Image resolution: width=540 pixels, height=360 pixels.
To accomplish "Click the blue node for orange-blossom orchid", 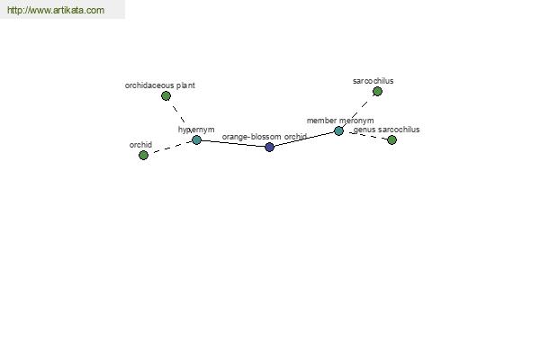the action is pyautogui.click(x=270, y=147).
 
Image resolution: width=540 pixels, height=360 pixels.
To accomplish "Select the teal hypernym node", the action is pyautogui.click(x=196, y=139).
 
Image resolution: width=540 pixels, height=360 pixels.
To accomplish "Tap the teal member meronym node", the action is pyautogui.click(x=339, y=130).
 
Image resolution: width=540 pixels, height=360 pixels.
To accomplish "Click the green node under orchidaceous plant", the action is pyautogui.click(x=166, y=95).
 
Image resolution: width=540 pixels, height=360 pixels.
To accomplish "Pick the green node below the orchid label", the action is pyautogui.click(x=144, y=156).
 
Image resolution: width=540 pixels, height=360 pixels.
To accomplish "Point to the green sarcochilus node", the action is pyautogui.click(x=377, y=91).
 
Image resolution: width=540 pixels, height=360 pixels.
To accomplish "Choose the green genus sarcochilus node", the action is pyautogui.click(x=391, y=139).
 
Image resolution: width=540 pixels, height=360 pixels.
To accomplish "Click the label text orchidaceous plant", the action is pyautogui.click(x=160, y=85).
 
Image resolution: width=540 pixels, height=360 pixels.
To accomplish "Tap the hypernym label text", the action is pyautogui.click(x=196, y=130).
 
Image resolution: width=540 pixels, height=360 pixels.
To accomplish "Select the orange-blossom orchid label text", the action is pyautogui.click(x=265, y=137).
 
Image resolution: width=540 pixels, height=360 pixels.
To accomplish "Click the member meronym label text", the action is pyautogui.click(x=340, y=121).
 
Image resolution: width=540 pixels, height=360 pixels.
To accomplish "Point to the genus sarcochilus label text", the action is pyautogui.click(x=387, y=130).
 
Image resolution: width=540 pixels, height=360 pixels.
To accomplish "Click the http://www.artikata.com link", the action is pyautogui.click(x=56, y=10).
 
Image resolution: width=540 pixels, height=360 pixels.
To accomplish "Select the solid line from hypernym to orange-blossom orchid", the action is pyautogui.click(x=233, y=143).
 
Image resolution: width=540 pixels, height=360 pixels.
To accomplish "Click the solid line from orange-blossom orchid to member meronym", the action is pyautogui.click(x=304, y=139).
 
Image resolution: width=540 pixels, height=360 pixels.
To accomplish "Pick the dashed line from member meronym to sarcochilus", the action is pyautogui.click(x=358, y=112).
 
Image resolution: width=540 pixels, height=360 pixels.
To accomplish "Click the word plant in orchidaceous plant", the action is pyautogui.click(x=186, y=85).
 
